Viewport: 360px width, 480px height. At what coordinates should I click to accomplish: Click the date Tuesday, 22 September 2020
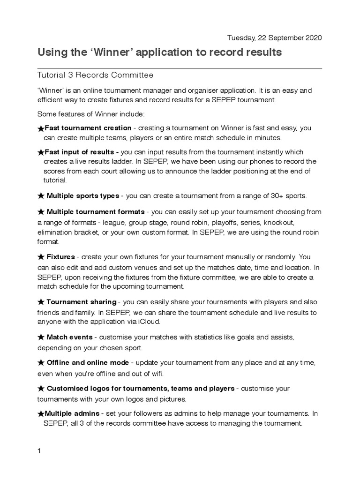[x=274, y=38]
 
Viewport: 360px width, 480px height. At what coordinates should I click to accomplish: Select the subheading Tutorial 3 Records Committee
[x=95, y=75]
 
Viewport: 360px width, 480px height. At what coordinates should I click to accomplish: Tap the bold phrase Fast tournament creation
[x=88, y=128]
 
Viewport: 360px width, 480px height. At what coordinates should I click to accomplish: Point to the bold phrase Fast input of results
[x=80, y=152]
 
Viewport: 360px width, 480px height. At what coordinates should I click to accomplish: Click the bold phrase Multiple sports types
[x=83, y=195]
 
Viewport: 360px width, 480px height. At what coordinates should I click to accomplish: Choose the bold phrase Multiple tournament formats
[x=96, y=212]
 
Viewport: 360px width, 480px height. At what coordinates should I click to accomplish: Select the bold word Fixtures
[x=60, y=257]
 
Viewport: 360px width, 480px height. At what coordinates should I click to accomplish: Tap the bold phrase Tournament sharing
[x=81, y=301]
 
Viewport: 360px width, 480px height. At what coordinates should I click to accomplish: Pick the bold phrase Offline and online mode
[x=88, y=363]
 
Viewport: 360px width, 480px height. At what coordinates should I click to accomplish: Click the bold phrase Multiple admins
[x=72, y=413]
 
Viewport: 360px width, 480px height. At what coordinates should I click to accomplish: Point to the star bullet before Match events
[x=41, y=337]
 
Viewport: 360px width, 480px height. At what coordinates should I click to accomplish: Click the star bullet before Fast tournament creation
[x=41, y=128]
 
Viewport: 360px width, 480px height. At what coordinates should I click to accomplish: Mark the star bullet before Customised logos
[x=41, y=389]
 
